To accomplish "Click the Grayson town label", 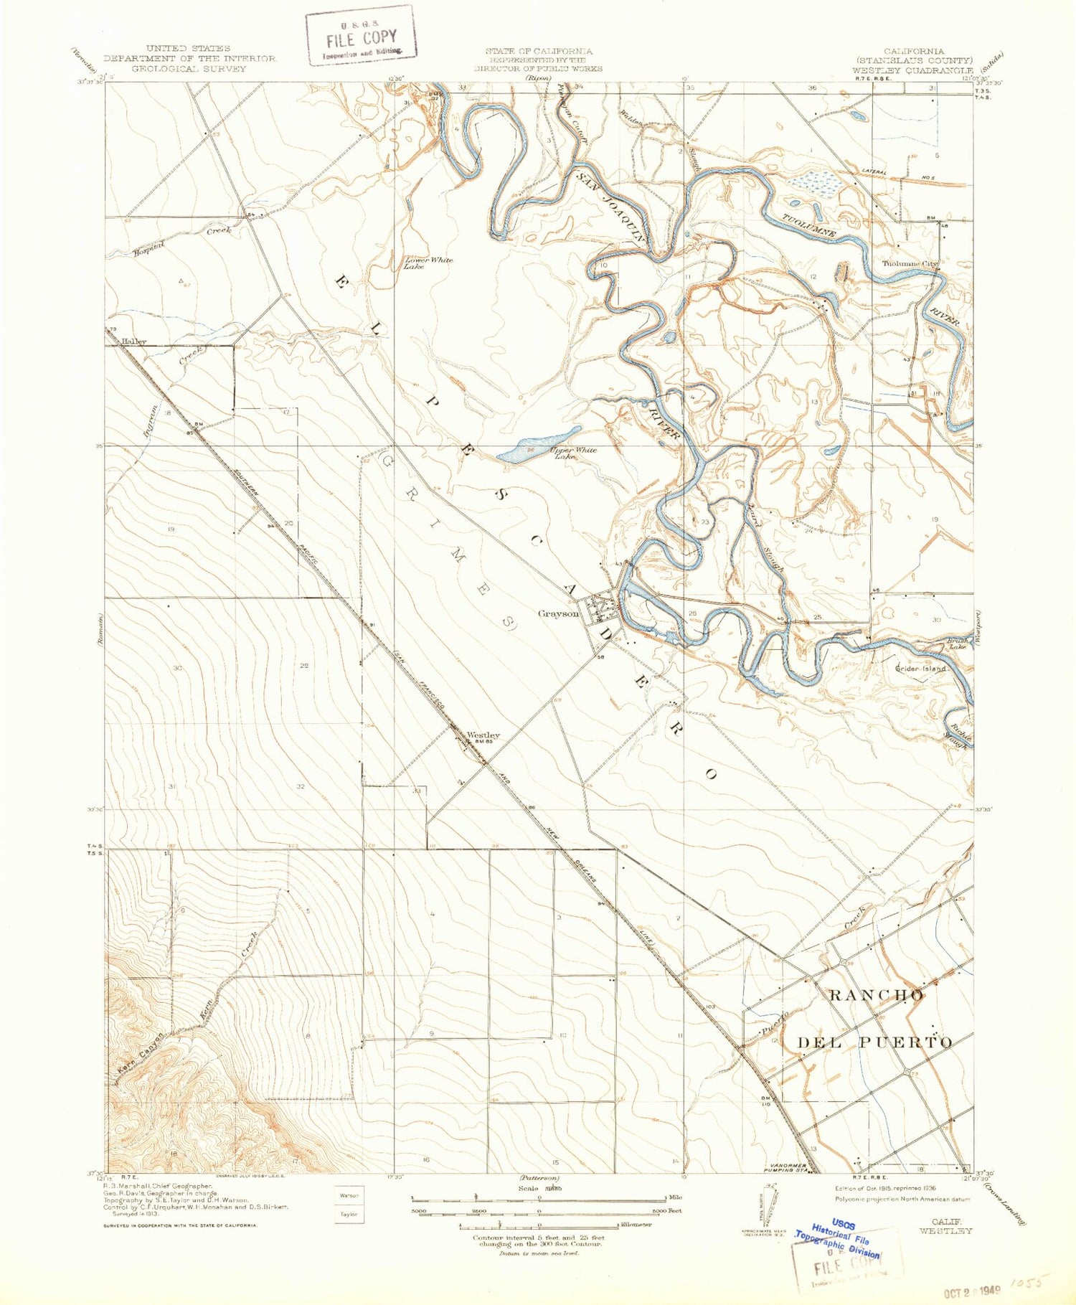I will click(559, 613).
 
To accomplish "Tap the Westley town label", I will click(483, 735).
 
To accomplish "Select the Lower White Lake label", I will click(428, 263).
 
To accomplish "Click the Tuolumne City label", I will click(909, 263).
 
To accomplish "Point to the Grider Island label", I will click(920, 668).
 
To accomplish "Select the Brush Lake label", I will click(956, 644).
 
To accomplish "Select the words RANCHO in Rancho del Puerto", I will click(875, 994).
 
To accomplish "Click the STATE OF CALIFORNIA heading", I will click(538, 51).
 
